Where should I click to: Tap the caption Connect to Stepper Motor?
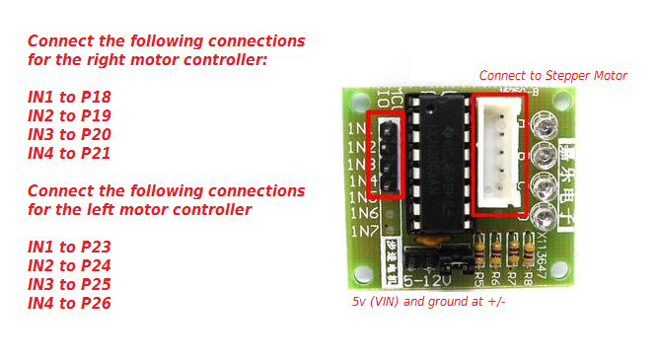(552, 75)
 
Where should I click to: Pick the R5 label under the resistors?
(480, 277)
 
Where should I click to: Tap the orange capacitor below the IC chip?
(429, 238)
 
